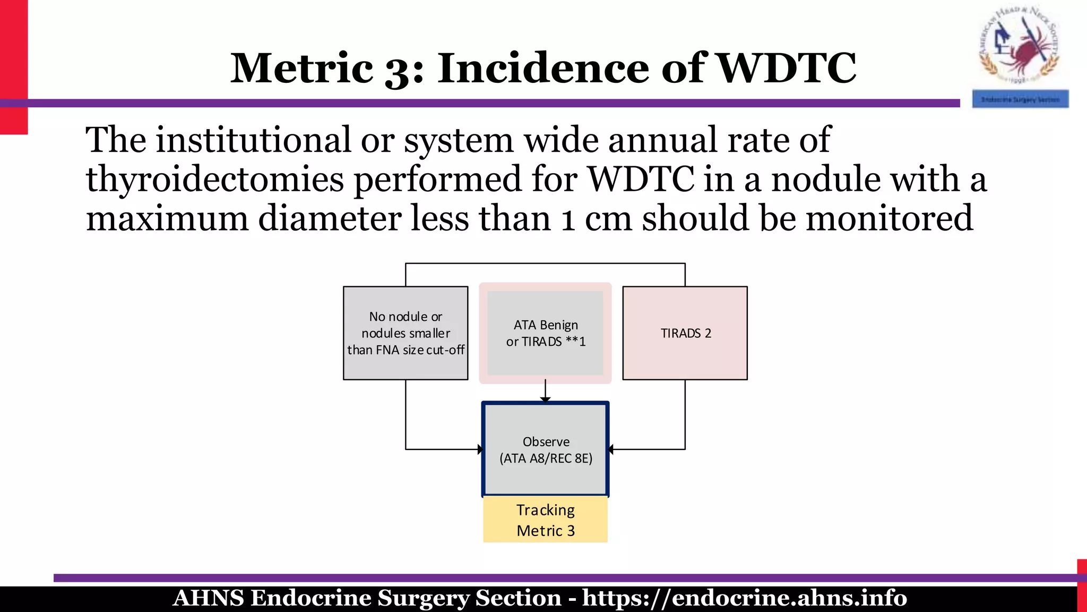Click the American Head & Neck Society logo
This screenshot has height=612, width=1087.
click(x=1019, y=45)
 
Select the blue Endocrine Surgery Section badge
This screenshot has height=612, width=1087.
click(x=1020, y=99)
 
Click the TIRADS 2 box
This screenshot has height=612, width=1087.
click(x=685, y=333)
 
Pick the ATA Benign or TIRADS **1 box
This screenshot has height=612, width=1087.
click(x=545, y=333)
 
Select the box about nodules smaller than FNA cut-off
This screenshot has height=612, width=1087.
click(x=406, y=333)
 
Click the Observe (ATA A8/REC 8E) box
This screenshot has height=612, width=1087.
click(x=545, y=449)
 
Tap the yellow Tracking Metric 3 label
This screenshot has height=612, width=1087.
click(x=545, y=520)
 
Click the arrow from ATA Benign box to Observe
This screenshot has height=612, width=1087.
click(x=545, y=390)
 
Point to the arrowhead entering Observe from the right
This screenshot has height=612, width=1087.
click(x=611, y=449)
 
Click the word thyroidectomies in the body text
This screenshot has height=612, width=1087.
click(x=215, y=180)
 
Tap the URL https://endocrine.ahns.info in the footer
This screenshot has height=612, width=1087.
click(x=744, y=598)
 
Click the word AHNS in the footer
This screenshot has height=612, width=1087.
click(x=208, y=598)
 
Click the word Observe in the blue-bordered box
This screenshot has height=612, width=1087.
click(x=546, y=441)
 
